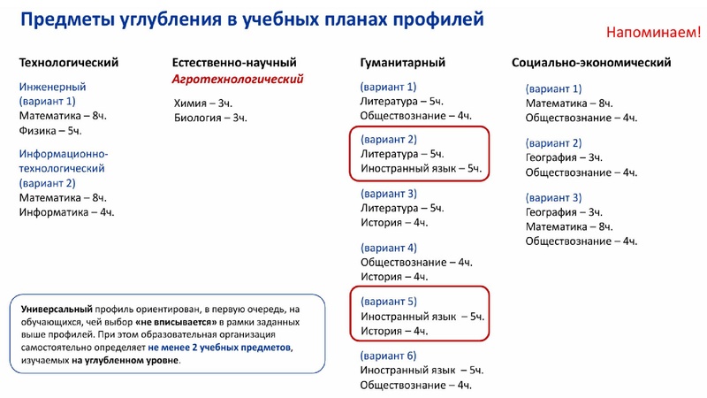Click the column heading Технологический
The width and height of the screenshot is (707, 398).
tap(69, 63)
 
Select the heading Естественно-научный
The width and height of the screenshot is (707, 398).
tap(234, 63)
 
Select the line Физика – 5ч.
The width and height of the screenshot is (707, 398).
tap(50, 131)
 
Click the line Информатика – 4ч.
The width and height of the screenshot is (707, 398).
tap(67, 212)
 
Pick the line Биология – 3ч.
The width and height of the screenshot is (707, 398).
tap(210, 118)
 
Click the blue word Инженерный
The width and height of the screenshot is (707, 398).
tap(52, 87)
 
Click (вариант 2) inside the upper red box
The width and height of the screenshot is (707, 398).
tap(389, 139)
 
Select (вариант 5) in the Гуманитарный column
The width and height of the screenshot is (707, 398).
tap(389, 302)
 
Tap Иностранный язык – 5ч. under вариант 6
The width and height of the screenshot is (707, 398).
tap(422, 371)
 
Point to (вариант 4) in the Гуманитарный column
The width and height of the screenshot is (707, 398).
tap(389, 248)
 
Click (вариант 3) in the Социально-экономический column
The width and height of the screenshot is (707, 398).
tap(553, 197)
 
